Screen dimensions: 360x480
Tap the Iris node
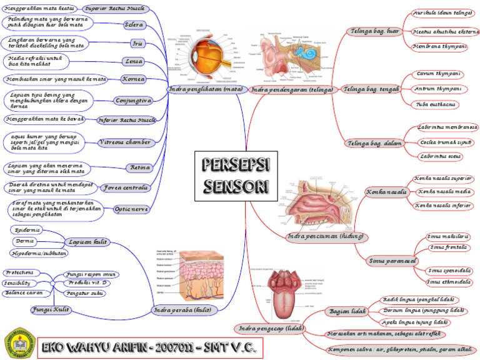click(x=137, y=44)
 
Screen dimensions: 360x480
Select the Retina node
click(x=138, y=167)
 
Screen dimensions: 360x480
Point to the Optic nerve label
click(x=131, y=209)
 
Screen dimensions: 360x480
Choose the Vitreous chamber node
click(x=125, y=142)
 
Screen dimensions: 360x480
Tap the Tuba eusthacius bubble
click(x=435, y=104)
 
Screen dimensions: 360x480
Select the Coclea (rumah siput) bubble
click(x=446, y=142)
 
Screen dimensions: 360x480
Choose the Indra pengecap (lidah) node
click(x=269, y=328)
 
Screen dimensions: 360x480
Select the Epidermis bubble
click(x=27, y=230)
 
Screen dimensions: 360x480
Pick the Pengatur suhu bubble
click(x=84, y=293)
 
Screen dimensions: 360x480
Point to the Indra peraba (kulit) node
click(x=182, y=310)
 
